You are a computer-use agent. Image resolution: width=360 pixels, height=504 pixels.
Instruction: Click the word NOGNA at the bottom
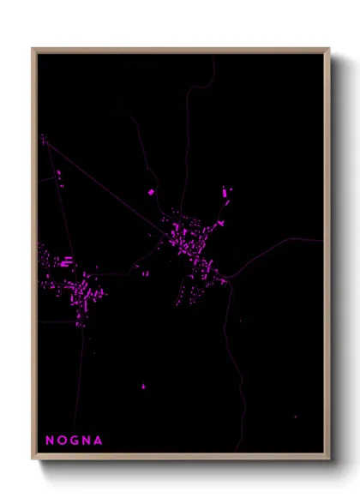(x=74, y=441)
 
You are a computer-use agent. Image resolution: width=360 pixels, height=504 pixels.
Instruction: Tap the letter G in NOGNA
(x=74, y=441)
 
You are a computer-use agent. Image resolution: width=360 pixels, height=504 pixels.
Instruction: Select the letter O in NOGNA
(x=62, y=441)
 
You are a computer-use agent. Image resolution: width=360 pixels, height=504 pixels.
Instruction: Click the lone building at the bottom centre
(x=143, y=387)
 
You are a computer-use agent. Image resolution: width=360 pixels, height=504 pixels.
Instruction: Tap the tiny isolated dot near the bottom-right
(x=295, y=417)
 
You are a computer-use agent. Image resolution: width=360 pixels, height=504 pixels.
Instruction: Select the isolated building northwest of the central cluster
(x=152, y=192)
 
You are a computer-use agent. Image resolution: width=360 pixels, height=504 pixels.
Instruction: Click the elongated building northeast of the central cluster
(x=226, y=194)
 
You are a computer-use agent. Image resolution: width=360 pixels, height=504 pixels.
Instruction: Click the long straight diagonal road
(x=103, y=184)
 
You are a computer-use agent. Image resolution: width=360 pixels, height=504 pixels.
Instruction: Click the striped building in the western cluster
(x=66, y=261)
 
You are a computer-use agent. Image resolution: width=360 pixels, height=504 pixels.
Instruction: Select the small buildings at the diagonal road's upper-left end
(x=43, y=138)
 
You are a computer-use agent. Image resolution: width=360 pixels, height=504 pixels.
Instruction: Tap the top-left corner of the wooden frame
(x=33, y=49)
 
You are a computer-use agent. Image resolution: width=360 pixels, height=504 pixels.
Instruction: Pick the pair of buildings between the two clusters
(x=145, y=273)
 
